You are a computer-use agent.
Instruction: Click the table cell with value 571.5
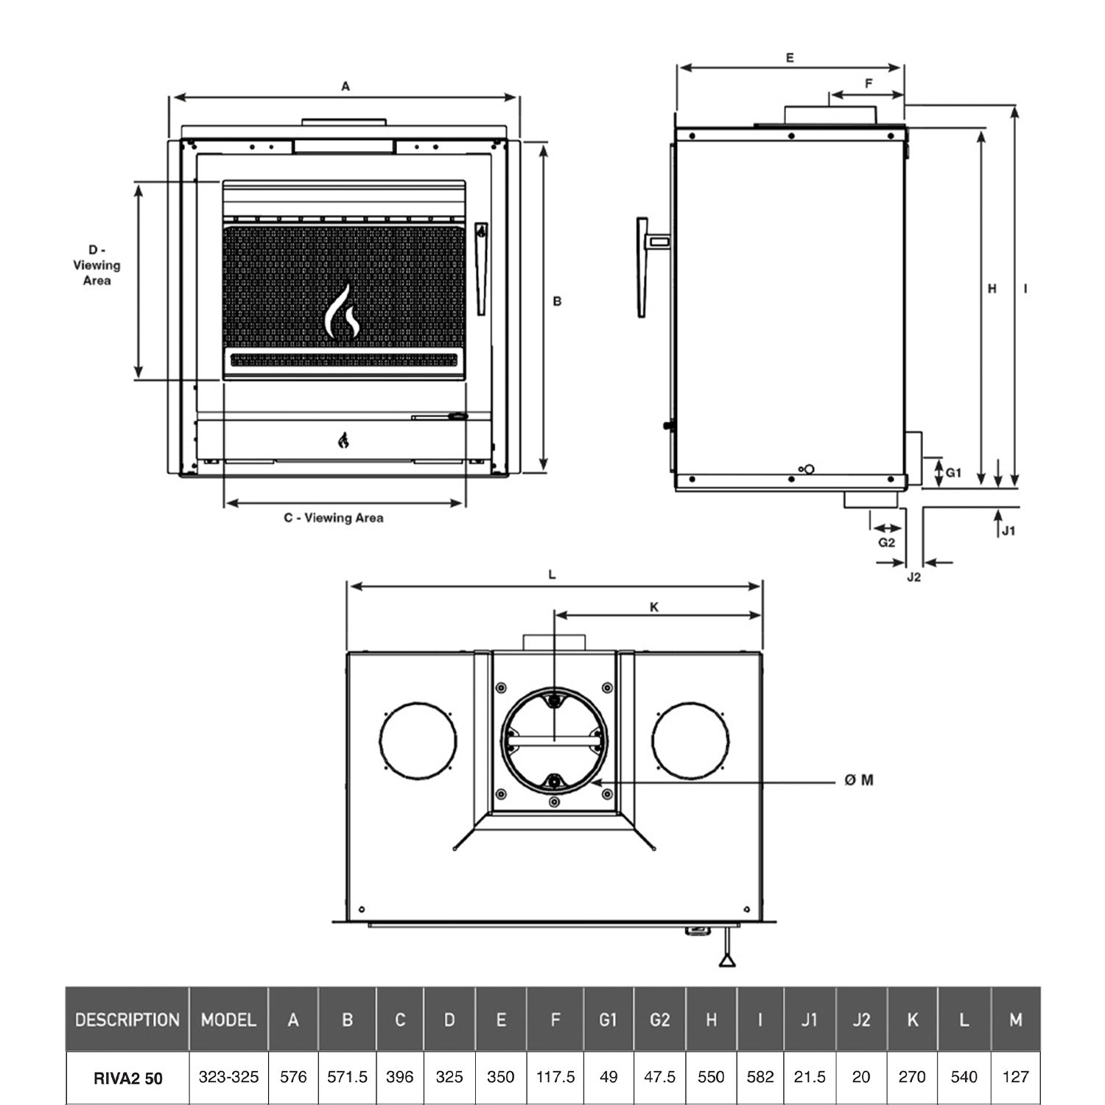coord(347,1077)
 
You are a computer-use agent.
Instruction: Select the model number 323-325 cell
coord(228,1077)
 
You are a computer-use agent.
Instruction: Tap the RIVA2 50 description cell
coord(127,1078)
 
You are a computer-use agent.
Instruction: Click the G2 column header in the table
coord(659,1020)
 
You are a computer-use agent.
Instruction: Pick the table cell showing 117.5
coord(555,1077)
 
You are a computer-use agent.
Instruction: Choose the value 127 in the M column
coord(1015,1077)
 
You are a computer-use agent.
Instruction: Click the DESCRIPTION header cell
coord(127,1020)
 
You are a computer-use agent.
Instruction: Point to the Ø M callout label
coord(859,780)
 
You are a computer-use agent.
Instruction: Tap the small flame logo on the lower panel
coord(343,441)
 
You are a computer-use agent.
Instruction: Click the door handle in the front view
coord(481,269)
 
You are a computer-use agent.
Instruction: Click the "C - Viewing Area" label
coord(334,518)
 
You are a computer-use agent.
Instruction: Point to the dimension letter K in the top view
coord(654,608)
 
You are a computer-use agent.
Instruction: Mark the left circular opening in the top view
coord(418,741)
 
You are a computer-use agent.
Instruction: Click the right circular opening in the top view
coord(690,741)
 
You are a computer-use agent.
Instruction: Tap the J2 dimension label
coord(913,578)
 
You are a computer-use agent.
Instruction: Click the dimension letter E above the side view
coord(790,57)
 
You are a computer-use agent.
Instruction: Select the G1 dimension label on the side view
coord(953,473)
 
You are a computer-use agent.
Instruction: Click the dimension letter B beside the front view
coord(557,301)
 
